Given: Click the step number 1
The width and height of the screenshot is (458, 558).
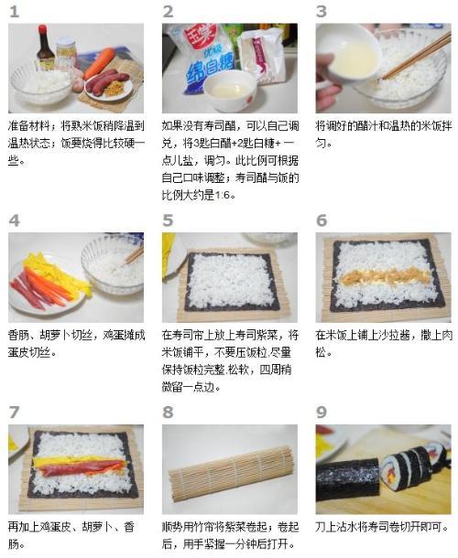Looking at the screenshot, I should tap(14, 12).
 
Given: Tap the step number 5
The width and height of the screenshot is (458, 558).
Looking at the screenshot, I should tap(168, 220).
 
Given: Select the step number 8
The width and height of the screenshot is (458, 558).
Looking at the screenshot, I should tap(168, 412).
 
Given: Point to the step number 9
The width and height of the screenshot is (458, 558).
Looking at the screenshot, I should tap(322, 412).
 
